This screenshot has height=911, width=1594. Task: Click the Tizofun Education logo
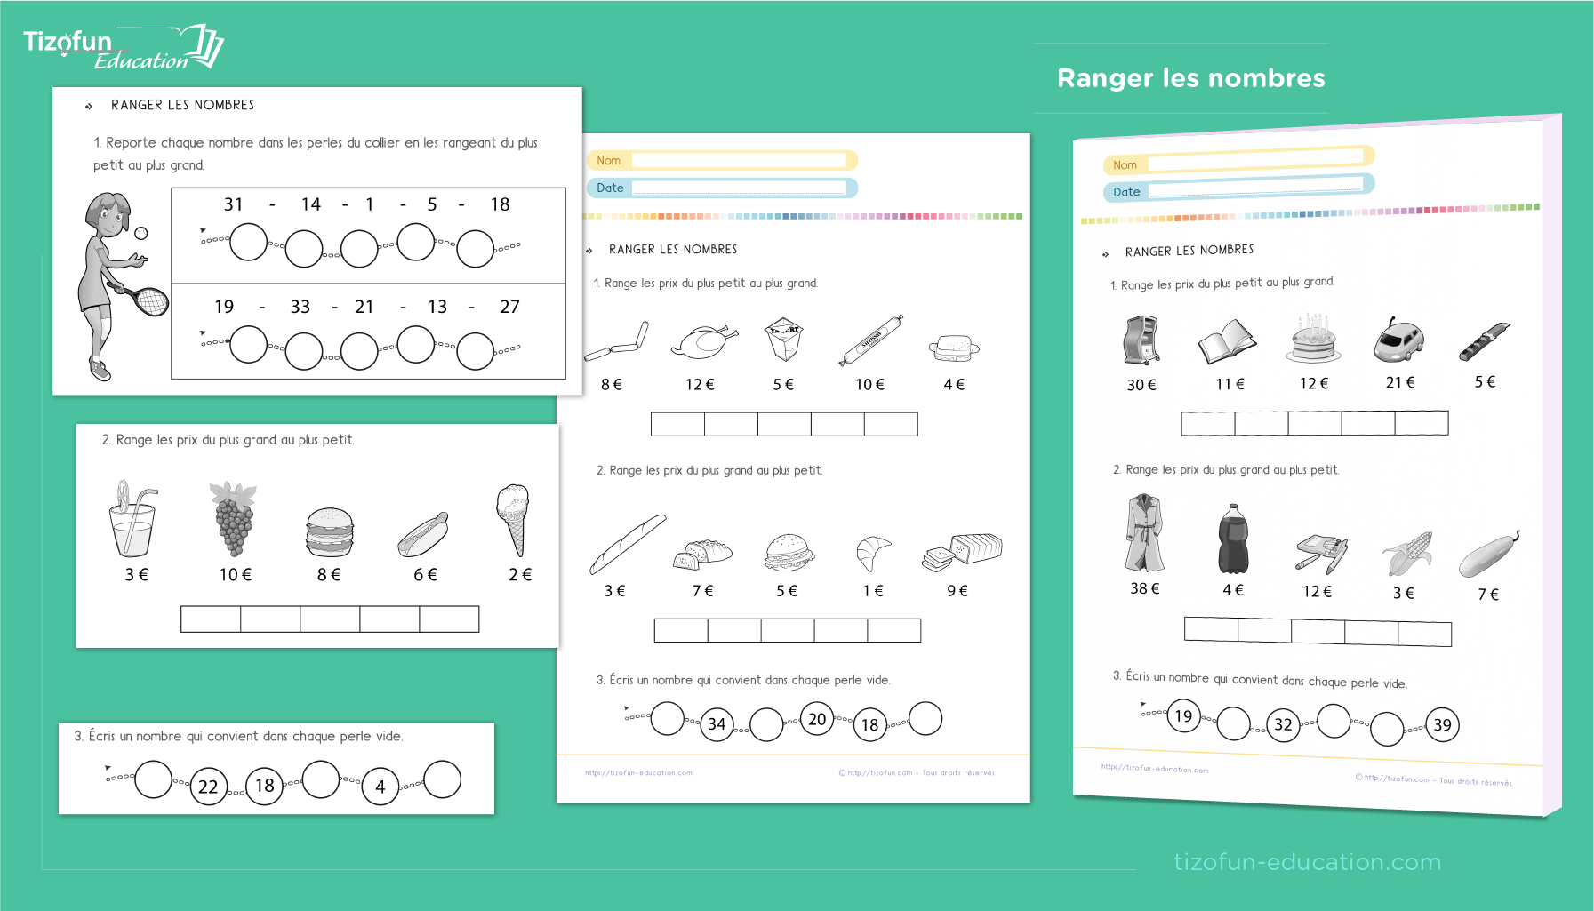coord(122,48)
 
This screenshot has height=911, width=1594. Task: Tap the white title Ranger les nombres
coord(1190,78)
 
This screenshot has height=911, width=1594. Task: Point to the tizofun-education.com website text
coord(1307,861)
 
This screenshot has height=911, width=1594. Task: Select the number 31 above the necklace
coord(234,204)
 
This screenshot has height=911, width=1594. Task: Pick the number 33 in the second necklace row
coord(300,307)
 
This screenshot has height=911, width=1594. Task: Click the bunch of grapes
coord(234,519)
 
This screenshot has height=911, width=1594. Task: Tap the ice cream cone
coord(514,519)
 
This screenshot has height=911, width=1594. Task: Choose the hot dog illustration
coord(422,534)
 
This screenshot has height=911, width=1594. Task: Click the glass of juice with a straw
coord(132,520)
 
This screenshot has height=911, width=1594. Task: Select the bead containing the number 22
coord(208,787)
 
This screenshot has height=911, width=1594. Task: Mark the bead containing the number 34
coord(717,724)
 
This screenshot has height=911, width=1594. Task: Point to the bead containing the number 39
coord(1442,725)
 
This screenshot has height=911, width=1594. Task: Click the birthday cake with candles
coord(1312,340)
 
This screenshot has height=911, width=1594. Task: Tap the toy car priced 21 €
coord(1398,340)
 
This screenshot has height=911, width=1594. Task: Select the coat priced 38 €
coord(1144,533)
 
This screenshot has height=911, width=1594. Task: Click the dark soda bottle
coord(1232,539)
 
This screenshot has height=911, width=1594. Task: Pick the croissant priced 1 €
coord(872,552)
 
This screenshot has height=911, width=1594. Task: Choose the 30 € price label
coord(1141,385)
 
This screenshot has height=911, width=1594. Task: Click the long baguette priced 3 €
coord(627,543)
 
